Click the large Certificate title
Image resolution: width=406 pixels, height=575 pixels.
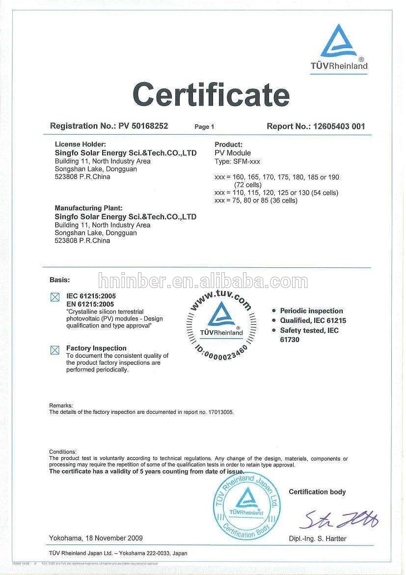pyautogui.click(x=211, y=94)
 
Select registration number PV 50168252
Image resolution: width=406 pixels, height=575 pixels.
pyautogui.click(x=143, y=126)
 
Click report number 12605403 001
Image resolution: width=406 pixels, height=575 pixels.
pyautogui.click(x=336, y=126)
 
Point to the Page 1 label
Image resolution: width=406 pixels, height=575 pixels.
pyautogui.click(x=204, y=127)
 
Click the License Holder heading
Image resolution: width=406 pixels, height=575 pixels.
pyautogui.click(x=80, y=144)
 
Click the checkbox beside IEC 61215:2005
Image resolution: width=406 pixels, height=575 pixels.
pyautogui.click(x=55, y=297)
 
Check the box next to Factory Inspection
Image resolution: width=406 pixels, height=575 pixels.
pyautogui.click(x=55, y=350)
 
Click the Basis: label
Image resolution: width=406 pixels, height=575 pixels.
pyautogui.click(x=59, y=280)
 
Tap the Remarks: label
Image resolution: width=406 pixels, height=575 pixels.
pyautogui.click(x=61, y=405)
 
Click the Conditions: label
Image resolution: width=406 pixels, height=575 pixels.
pyautogui.click(x=63, y=451)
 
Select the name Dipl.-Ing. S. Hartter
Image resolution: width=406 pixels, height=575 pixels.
pyautogui.click(x=317, y=539)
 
